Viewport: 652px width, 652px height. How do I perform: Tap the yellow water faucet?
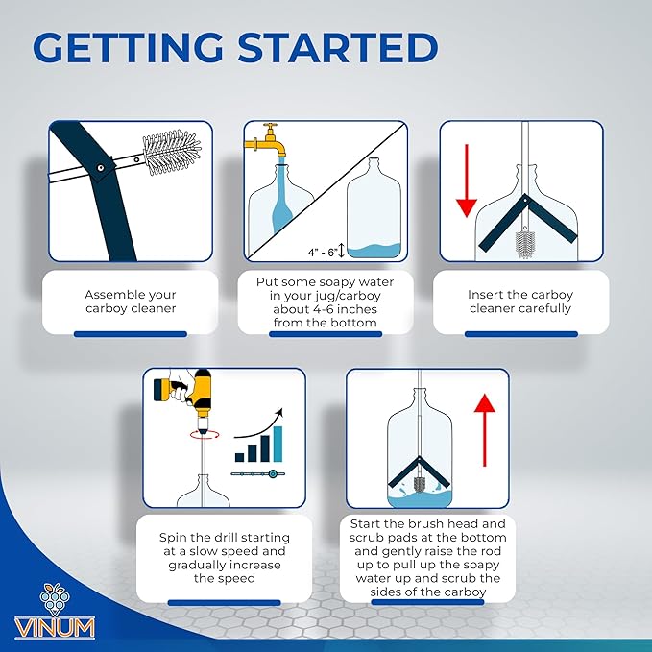[267, 141]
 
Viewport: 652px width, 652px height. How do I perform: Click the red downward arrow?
[467, 181]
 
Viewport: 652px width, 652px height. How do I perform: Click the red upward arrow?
[484, 430]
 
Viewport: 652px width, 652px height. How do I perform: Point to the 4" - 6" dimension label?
[323, 252]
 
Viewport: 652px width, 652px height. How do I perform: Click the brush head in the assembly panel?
[171, 152]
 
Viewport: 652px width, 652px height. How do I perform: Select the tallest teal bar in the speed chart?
[278, 444]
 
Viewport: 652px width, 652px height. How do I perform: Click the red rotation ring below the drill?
[205, 435]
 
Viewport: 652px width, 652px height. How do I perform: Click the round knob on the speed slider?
[273, 473]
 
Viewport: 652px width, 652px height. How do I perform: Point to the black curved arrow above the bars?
[258, 425]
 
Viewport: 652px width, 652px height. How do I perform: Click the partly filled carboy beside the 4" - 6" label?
[374, 208]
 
